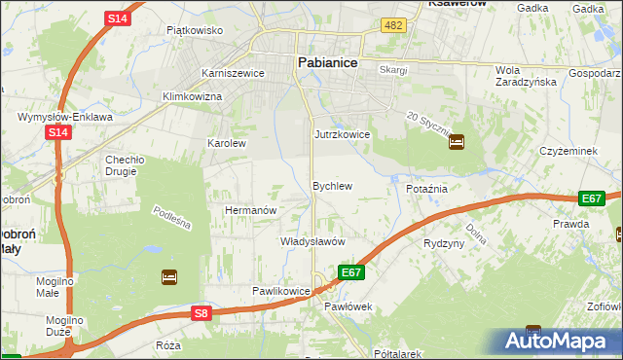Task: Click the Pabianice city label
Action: coord(326,62)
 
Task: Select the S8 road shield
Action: coord(201,312)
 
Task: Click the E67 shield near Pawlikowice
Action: coord(351,272)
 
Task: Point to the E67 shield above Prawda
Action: coord(591,198)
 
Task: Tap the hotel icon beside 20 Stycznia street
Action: coord(457,142)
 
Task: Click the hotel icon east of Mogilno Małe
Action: coord(169,277)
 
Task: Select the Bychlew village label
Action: coord(331,185)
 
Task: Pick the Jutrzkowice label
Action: coord(342,134)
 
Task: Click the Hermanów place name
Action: coord(251,210)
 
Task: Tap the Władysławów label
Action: coord(312,240)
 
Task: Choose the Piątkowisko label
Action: coord(195,30)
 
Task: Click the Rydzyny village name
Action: coord(444,243)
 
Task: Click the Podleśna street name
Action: coord(171,218)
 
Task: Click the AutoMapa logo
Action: coord(560,342)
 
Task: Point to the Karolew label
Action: coord(227,143)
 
